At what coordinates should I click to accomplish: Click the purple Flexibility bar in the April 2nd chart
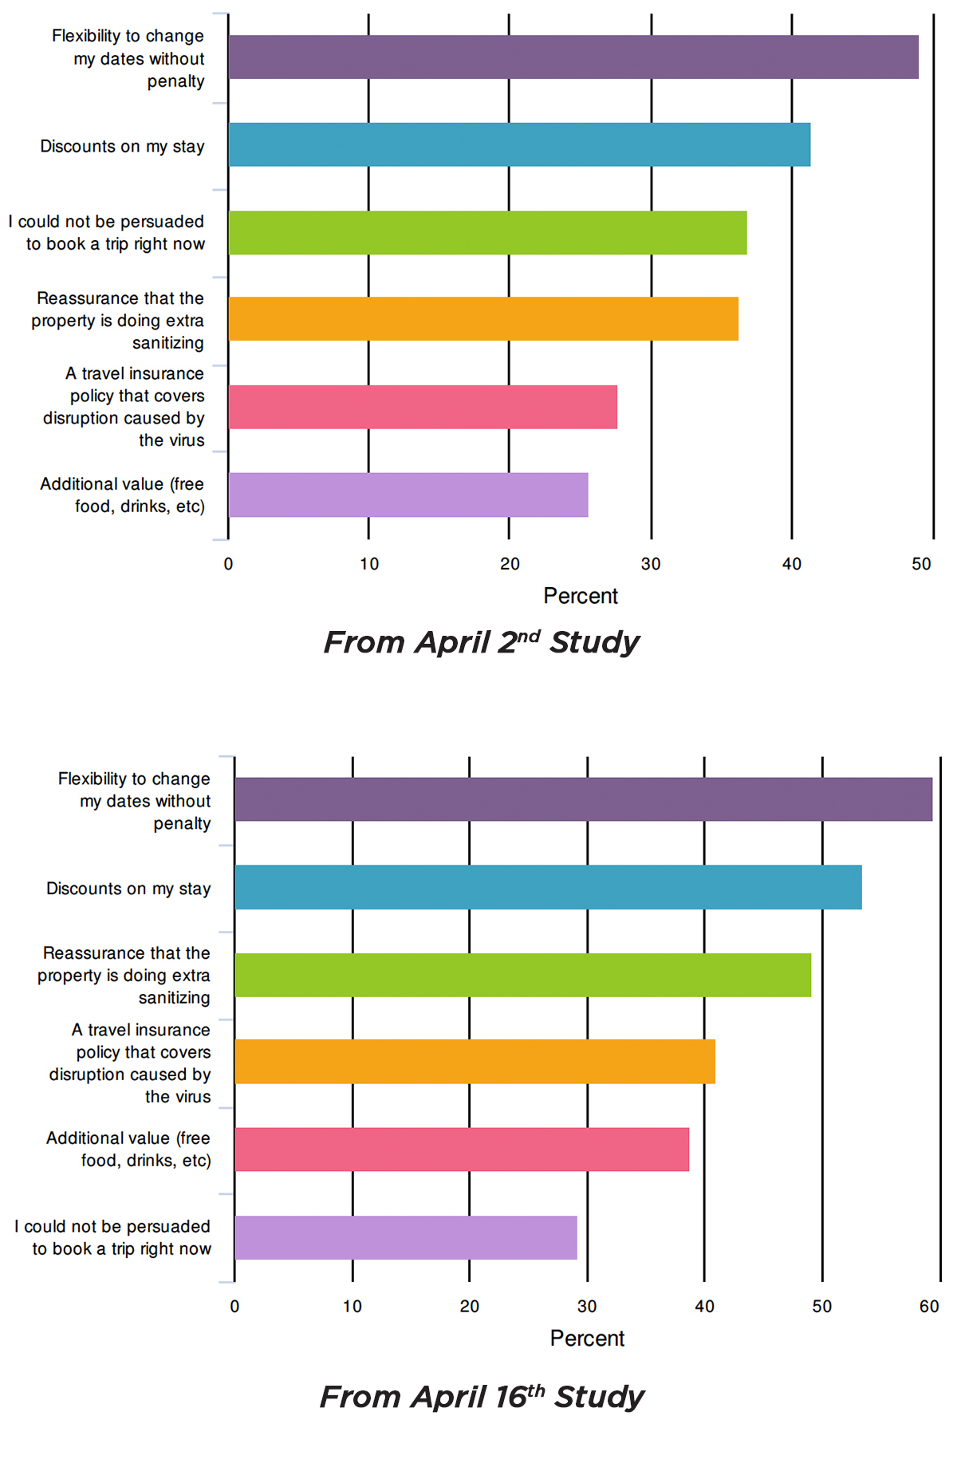coord(573,57)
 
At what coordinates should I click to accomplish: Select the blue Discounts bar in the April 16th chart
coord(548,887)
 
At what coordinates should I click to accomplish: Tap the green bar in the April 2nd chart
coord(487,233)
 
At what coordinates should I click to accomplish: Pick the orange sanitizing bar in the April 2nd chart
coord(483,319)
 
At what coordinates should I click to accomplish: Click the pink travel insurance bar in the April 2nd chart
coord(423,407)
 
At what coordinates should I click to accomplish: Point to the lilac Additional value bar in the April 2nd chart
coord(408,495)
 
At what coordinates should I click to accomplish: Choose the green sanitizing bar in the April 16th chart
coord(522,975)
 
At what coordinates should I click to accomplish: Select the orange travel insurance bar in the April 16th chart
coord(475,1062)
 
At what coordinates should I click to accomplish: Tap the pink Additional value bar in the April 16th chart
coord(462,1150)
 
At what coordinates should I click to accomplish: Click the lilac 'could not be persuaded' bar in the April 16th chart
coord(406,1237)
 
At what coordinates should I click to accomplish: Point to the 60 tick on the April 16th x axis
coord(929,1307)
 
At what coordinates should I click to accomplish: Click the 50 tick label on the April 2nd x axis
coord(921,564)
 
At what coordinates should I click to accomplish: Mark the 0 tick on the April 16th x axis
coord(234,1307)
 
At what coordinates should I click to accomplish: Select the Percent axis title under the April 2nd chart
coord(581,596)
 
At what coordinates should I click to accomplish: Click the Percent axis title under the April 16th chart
coord(587,1339)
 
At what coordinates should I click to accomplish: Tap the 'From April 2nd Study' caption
coord(482,642)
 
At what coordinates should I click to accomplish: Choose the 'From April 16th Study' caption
coord(482,1397)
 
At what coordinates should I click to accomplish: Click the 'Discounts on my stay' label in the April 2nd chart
coord(122,146)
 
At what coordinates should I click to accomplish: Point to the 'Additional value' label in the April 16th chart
coord(128,1149)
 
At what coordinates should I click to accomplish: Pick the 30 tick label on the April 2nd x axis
coord(651,564)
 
